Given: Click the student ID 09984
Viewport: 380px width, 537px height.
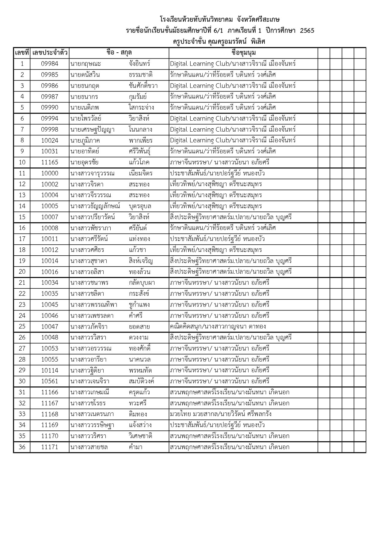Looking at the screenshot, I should (x=50, y=64).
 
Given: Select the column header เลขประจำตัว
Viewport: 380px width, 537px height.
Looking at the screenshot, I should (x=50, y=53).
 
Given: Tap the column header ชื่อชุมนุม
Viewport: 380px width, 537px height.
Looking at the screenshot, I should (x=244, y=53).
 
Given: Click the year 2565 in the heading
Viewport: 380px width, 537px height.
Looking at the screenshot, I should (x=307, y=31).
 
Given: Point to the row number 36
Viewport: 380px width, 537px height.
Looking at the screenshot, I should (x=22, y=447).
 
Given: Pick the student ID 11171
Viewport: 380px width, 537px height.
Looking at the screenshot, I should (x=50, y=447).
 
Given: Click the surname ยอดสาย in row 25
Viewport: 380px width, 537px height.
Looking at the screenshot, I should (x=139, y=327).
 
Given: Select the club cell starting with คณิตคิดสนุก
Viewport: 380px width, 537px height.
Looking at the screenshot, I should (x=218, y=327).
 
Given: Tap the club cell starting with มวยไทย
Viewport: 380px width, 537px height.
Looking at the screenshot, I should (x=221, y=414).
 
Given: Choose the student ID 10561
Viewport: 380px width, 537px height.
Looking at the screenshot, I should (x=50, y=381).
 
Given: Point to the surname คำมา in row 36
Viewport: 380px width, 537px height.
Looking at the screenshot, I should (x=136, y=447).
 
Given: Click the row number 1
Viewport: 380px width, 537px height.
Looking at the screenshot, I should (x=22, y=64).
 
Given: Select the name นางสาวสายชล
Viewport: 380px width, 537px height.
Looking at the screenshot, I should (x=89, y=447).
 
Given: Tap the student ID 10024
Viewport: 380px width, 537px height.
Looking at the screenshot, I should (x=50, y=141).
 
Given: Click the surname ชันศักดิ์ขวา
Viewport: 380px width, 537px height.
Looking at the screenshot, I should (x=143, y=86).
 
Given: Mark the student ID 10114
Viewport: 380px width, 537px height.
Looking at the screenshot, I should (x=50, y=370).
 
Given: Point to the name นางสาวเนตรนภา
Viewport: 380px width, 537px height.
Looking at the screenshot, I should (x=92, y=414).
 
